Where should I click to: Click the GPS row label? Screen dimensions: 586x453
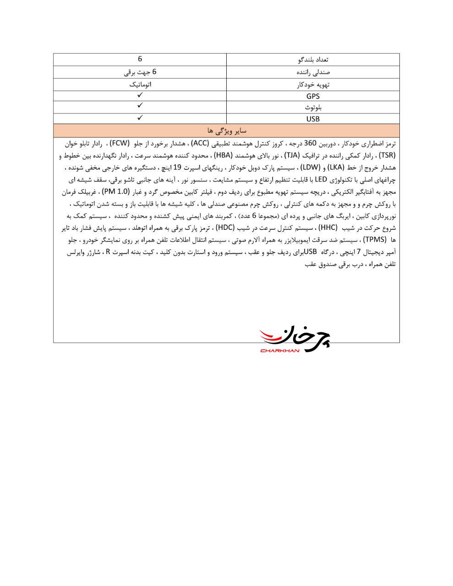(x=313, y=96)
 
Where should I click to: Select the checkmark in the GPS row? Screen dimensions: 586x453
(x=140, y=95)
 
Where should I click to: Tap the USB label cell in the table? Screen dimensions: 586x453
(x=313, y=119)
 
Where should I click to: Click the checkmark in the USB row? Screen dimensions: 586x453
(x=140, y=117)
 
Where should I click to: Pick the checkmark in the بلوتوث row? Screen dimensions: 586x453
(x=140, y=105)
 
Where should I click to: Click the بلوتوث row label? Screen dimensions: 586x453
(x=313, y=108)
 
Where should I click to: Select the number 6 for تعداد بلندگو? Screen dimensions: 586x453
(x=140, y=59)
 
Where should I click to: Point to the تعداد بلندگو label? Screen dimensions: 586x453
(x=313, y=60)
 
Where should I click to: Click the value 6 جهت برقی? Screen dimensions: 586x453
(x=140, y=72)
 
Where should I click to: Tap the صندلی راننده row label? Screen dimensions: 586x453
(x=313, y=72)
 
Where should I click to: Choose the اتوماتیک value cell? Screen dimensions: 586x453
(x=140, y=84)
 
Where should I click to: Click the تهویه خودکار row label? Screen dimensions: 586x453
(x=313, y=84)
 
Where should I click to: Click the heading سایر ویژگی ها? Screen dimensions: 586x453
(x=227, y=130)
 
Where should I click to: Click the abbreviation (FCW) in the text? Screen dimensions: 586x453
(x=120, y=143)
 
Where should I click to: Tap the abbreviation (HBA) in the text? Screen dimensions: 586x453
(x=224, y=155)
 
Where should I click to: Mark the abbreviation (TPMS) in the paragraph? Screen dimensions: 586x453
(x=375, y=239)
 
